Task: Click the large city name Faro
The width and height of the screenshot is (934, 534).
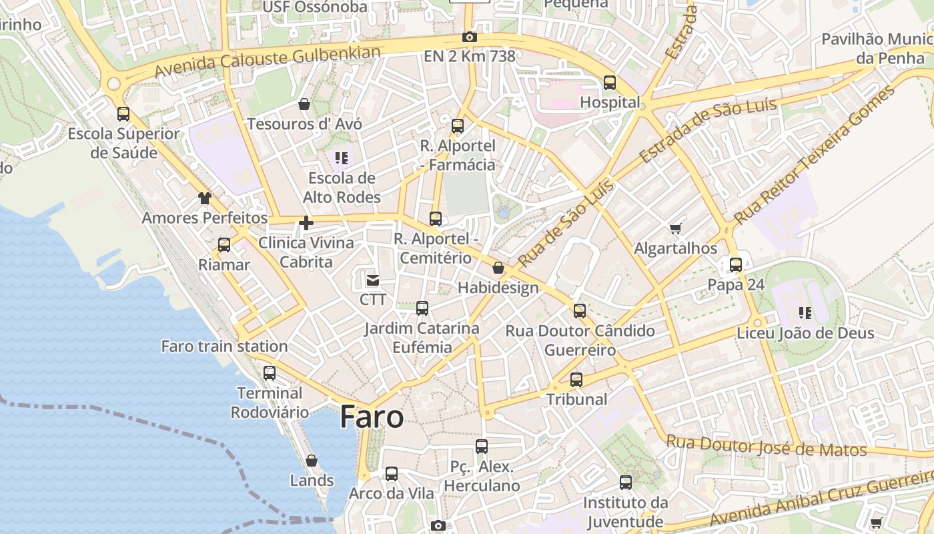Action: (x=372, y=417)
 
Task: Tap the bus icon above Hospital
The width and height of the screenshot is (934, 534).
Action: (x=610, y=83)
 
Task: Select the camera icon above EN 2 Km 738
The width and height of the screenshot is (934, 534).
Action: (x=470, y=37)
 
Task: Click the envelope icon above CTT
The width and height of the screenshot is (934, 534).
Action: (x=372, y=280)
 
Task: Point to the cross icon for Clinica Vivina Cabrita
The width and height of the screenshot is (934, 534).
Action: (x=306, y=223)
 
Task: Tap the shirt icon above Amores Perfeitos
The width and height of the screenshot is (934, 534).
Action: (x=204, y=198)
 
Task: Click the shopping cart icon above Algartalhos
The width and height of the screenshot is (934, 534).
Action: (x=676, y=229)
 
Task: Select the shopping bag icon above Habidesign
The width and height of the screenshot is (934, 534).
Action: (x=498, y=268)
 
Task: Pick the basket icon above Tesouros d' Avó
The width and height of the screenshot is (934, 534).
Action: (x=304, y=104)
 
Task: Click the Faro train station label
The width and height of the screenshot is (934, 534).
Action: (x=225, y=346)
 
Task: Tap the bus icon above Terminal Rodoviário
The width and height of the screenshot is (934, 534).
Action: (x=270, y=373)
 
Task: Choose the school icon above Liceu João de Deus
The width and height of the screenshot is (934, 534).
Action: (x=805, y=312)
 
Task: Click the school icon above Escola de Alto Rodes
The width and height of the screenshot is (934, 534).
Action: (x=342, y=158)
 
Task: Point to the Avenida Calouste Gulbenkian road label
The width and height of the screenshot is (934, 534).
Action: (x=268, y=61)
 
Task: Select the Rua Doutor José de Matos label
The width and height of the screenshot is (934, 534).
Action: (x=767, y=446)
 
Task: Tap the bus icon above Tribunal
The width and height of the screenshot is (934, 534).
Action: (x=576, y=380)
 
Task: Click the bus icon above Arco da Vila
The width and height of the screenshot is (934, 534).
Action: (x=392, y=474)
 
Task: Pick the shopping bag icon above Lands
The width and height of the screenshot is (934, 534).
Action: (x=312, y=461)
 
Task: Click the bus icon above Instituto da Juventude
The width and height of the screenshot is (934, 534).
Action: (x=626, y=483)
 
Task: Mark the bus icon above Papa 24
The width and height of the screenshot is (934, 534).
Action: (x=736, y=265)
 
